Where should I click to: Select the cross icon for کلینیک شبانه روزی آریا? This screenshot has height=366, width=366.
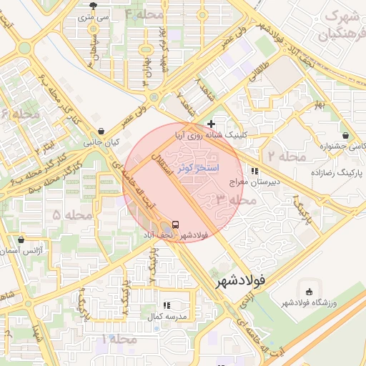(210, 124)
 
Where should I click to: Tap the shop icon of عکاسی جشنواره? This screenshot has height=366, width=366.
(346, 135)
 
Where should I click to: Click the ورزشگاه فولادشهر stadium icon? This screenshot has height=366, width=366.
(309, 292)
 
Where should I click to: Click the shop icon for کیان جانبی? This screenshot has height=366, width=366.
(101, 132)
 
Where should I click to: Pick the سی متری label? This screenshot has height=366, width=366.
(93, 15)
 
